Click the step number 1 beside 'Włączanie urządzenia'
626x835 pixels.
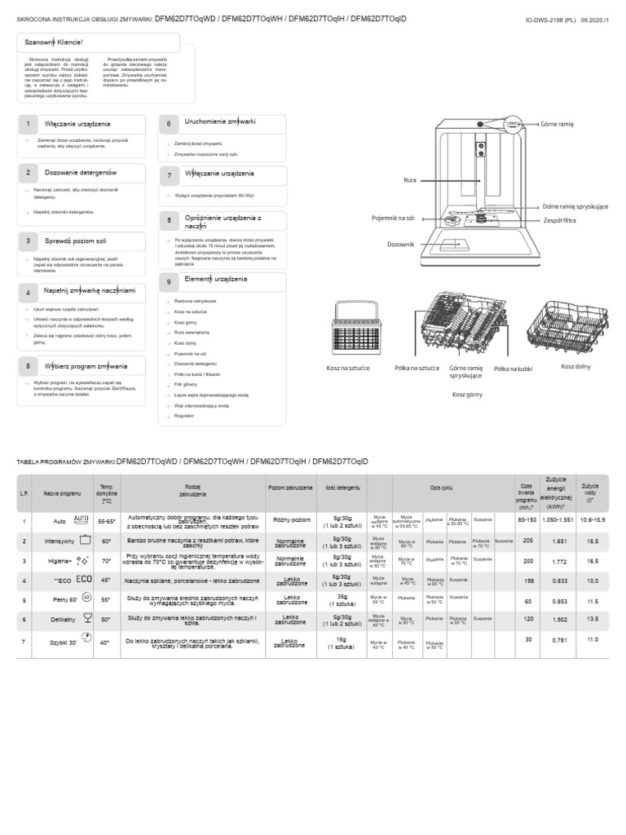click(x=28, y=124)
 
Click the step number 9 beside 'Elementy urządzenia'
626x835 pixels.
click(x=169, y=281)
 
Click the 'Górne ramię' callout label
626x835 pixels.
click(x=558, y=124)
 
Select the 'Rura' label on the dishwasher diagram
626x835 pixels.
click(x=410, y=179)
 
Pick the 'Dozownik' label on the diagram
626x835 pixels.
click(x=401, y=244)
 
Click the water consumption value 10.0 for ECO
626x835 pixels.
click(x=592, y=581)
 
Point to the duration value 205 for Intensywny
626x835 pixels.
click(x=527, y=541)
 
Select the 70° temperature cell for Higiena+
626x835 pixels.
click(x=106, y=561)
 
